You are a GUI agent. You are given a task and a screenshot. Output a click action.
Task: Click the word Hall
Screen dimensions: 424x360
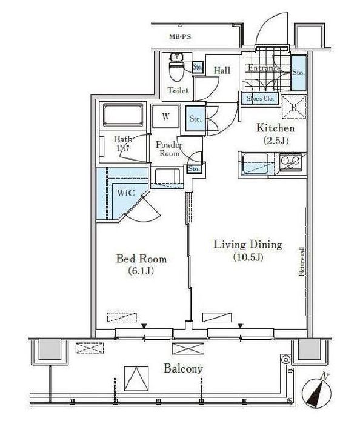click(222, 70)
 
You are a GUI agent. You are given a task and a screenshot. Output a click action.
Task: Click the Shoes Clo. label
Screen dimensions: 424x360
click(260, 98)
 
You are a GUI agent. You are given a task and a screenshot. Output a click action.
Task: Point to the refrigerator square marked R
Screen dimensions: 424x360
click(293, 107)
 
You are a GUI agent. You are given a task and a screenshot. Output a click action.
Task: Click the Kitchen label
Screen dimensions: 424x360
click(275, 128)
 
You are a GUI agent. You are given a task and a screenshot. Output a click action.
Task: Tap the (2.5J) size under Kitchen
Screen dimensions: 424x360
click(275, 141)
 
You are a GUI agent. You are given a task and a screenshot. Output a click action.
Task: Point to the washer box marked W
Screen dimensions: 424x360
click(165, 116)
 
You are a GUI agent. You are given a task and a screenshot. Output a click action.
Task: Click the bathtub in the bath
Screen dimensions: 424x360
click(124, 114)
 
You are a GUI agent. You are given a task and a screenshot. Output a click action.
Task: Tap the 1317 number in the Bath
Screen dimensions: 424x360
click(123, 148)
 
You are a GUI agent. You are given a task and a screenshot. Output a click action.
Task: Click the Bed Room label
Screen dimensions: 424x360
click(141, 259)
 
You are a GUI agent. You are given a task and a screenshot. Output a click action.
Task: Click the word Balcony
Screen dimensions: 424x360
click(182, 368)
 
